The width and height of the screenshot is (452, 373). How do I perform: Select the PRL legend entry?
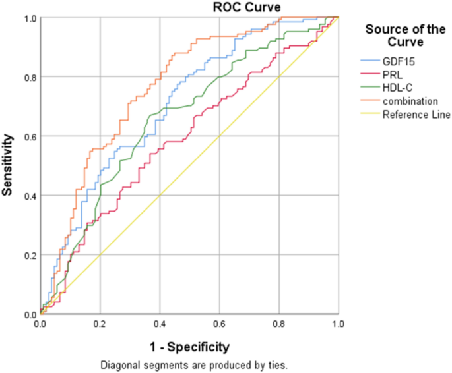pyautogui.click(x=390, y=75)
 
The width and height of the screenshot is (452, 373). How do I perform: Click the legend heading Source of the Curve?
pyautogui.click(x=403, y=36)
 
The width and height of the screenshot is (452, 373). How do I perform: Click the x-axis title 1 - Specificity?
pyautogui.click(x=189, y=345)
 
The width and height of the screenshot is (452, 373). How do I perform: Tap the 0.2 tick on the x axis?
pyautogui.click(x=100, y=324)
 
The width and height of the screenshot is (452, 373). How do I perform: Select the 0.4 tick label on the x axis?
pyautogui.click(x=159, y=324)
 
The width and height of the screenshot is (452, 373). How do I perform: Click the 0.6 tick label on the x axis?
pyautogui.click(x=219, y=324)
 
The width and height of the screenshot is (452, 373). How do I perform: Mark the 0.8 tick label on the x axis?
pyautogui.click(x=278, y=324)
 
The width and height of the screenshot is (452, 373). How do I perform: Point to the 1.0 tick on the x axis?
pyautogui.click(x=337, y=324)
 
